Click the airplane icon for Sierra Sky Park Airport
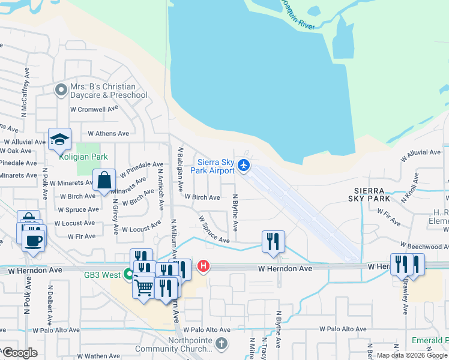click(x=244, y=165)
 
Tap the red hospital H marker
click(x=203, y=265)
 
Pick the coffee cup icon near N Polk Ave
click(x=32, y=241)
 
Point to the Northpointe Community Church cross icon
click(x=221, y=344)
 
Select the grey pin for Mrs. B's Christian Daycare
click(x=61, y=91)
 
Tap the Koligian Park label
click(x=83, y=157)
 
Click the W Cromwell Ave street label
click(x=94, y=109)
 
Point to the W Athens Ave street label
click(x=108, y=133)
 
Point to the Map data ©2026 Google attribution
click(x=412, y=355)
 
